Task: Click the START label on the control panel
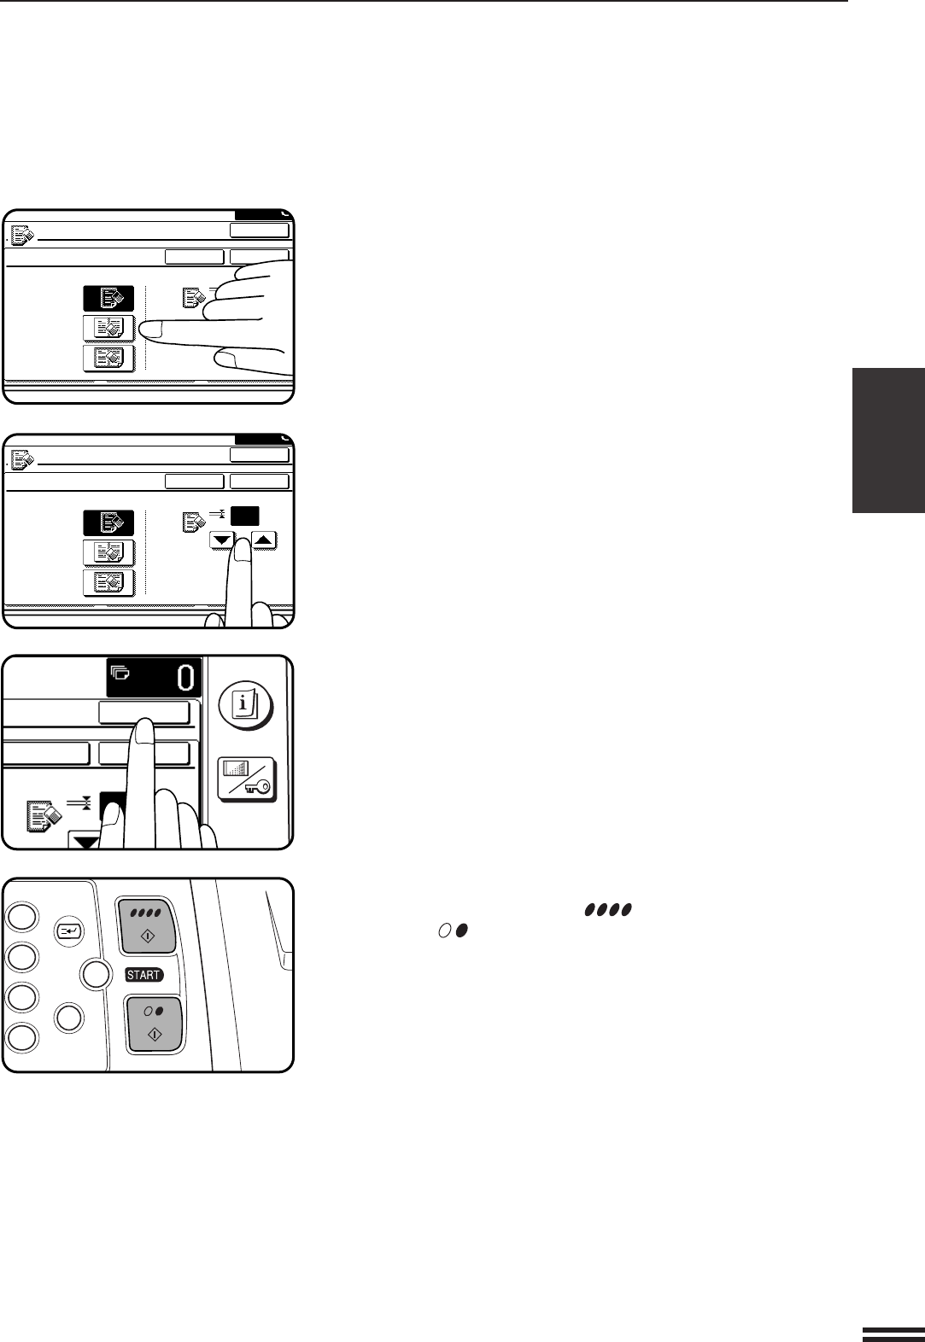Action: (143, 975)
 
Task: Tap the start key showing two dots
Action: (154, 1024)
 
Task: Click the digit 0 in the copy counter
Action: (186, 678)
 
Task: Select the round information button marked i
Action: (246, 704)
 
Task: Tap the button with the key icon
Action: (246, 779)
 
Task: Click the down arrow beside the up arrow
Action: (222, 540)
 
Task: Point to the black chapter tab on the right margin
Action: (888, 441)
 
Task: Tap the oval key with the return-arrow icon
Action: (69, 931)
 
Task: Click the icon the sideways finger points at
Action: (109, 328)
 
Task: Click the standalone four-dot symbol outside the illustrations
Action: (608, 909)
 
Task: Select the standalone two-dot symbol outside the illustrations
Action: (454, 931)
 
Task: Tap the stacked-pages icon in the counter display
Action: (120, 673)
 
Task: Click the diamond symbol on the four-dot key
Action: (148, 935)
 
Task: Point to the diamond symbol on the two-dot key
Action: (154, 1034)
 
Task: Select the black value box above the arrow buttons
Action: (244, 516)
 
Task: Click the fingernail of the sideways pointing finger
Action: (150, 329)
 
